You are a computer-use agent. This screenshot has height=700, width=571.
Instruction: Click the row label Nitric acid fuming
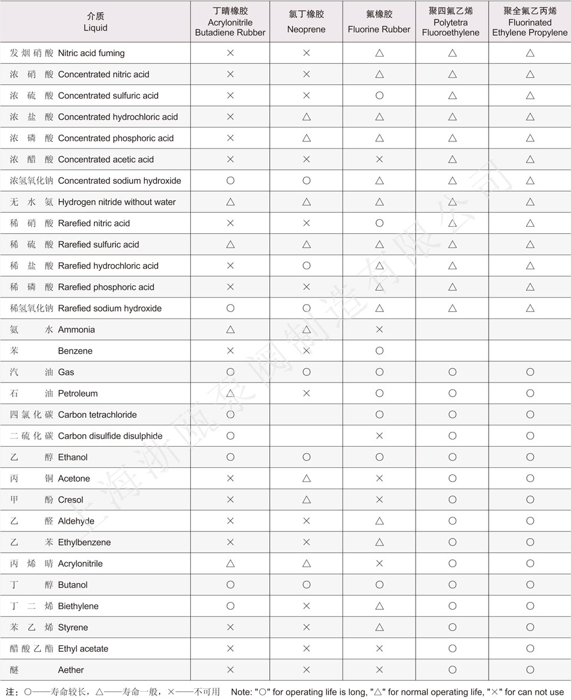[91, 53]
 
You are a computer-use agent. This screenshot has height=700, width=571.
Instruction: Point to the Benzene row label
[75, 351]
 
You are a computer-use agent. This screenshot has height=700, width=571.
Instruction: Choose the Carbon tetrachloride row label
[97, 414]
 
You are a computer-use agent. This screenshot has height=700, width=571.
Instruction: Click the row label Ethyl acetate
[83, 648]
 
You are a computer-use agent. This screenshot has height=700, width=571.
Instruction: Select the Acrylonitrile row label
[80, 563]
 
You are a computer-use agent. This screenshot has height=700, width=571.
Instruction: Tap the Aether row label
[71, 669]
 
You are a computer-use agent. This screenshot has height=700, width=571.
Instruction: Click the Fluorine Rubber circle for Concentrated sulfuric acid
[379, 95]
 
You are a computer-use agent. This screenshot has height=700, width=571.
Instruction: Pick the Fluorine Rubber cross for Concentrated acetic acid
[379, 159]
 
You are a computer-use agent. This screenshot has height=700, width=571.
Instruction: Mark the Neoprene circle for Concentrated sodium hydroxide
[306, 180]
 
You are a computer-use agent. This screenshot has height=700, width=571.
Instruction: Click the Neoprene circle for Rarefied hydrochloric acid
[306, 265]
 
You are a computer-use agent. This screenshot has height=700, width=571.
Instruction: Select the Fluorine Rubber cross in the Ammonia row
[379, 329]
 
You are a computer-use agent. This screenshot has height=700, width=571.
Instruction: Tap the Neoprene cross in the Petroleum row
[306, 393]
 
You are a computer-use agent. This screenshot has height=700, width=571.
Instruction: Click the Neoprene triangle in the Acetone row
[306, 478]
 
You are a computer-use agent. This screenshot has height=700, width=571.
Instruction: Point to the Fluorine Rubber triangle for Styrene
[379, 627]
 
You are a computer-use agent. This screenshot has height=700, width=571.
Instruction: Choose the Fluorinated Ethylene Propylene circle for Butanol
[530, 585]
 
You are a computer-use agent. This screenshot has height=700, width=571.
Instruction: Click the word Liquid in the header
[95, 27]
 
